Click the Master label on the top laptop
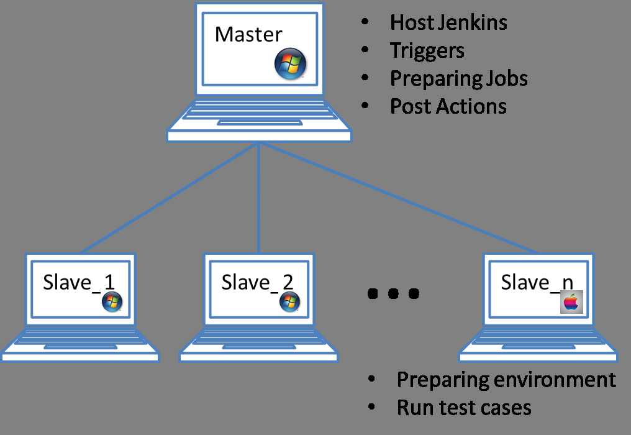248,35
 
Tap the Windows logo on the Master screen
290,65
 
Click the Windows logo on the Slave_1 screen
112,302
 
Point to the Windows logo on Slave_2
289,302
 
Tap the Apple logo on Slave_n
571,303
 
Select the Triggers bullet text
427,50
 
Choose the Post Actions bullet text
448,106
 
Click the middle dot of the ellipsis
393,293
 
